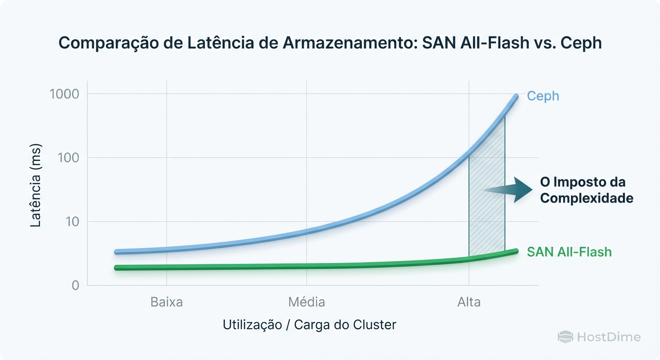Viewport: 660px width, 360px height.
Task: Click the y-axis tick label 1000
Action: pyautogui.click(x=64, y=94)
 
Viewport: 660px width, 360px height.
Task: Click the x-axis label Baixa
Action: pyautogui.click(x=166, y=302)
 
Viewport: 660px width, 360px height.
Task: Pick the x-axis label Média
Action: pyautogui.click(x=307, y=302)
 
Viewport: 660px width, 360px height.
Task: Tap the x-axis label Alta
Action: pyautogui.click(x=469, y=302)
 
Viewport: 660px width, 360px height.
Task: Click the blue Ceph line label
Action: pyautogui.click(x=543, y=96)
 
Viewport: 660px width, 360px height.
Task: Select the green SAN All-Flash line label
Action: pyautogui.click(x=569, y=252)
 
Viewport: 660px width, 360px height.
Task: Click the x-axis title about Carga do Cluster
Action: pyautogui.click(x=309, y=325)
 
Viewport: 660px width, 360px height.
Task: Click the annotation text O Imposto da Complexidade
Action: pyautogui.click(x=586, y=190)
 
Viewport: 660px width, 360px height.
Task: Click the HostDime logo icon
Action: pyautogui.click(x=565, y=337)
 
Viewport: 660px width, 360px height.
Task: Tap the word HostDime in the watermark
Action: pyautogui.click(x=608, y=337)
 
